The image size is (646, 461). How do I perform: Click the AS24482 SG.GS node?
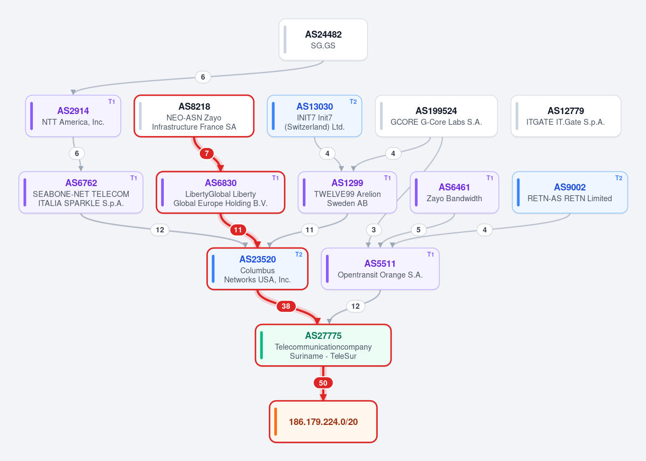[323, 40]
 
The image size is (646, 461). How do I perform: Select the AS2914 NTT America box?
[73, 116]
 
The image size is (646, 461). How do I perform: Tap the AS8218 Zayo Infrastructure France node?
[194, 116]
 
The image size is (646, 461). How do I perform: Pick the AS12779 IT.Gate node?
[566, 116]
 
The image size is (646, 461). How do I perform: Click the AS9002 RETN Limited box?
[570, 193]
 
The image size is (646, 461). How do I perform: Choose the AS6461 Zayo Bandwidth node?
[454, 193]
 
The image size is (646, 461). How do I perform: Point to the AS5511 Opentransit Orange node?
[380, 269]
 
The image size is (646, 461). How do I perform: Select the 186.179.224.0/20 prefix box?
[323, 422]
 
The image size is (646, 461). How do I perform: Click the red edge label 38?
[286, 306]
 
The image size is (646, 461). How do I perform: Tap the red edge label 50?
[323, 383]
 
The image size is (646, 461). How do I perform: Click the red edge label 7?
[207, 153]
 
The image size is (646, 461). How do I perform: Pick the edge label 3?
[374, 230]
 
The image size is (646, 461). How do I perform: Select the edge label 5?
[418, 230]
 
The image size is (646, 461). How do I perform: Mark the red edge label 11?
[238, 230]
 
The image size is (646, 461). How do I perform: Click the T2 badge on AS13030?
[353, 102]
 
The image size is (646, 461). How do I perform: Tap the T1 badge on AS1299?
[387, 178]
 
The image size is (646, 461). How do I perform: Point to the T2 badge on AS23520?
[298, 254]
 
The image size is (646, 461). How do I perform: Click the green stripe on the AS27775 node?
[262, 345]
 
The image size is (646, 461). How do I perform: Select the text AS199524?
[436, 111]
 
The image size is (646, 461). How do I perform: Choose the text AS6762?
[81, 183]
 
